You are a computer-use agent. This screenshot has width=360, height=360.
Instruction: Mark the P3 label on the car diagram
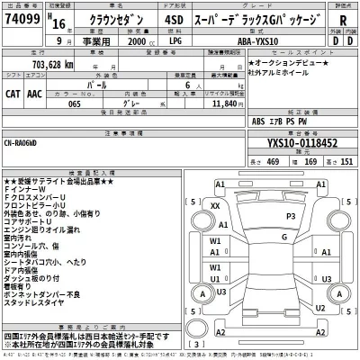tap(290, 217)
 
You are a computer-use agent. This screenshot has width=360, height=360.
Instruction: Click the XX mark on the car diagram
tap(215, 207)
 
